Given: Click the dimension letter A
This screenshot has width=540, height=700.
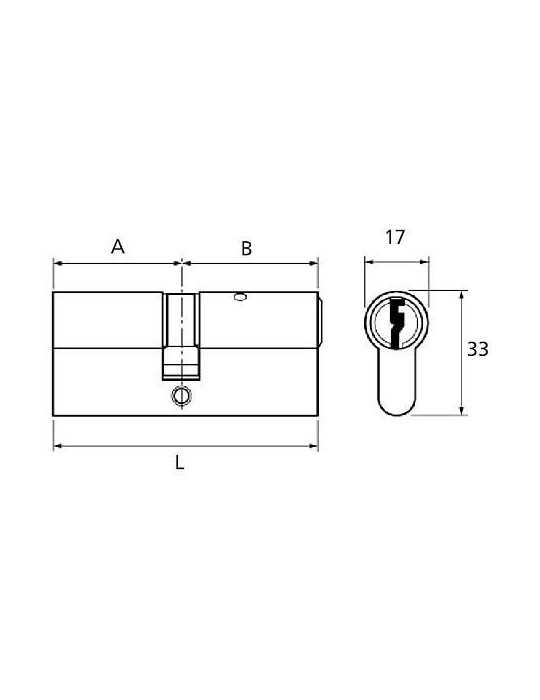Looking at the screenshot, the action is (x=117, y=246).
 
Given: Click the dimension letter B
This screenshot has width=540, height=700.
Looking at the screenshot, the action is (x=246, y=248).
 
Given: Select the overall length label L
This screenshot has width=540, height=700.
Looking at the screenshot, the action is (x=179, y=462).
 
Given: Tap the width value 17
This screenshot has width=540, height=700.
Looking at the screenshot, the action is (x=395, y=238).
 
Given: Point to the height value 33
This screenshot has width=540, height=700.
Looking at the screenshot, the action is (x=478, y=349).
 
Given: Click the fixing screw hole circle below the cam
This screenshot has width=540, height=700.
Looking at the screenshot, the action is (x=182, y=395).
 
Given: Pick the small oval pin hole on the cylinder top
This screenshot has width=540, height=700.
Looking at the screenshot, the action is (x=240, y=297).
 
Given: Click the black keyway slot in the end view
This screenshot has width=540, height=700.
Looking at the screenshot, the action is (x=396, y=322).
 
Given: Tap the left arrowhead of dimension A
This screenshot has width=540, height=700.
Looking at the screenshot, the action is (x=57, y=263).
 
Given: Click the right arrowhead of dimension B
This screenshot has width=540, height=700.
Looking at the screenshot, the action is (x=314, y=263).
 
